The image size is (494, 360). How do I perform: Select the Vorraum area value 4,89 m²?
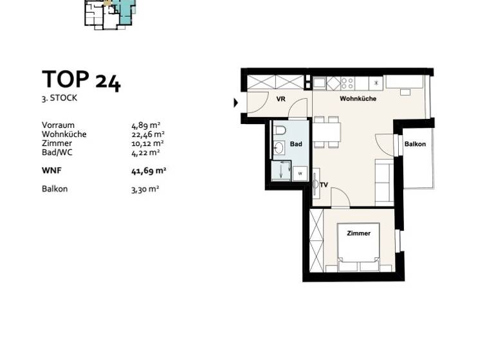coord(145,125)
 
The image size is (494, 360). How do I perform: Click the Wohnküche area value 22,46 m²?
coord(147,134)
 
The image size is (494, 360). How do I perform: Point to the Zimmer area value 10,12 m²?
coord(147,143)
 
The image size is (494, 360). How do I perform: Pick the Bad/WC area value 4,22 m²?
coord(145,152)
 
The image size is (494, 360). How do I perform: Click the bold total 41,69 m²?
coord(149,170)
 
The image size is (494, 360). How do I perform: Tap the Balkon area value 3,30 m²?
coord(145,189)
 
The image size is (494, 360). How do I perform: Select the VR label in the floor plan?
coord(281,99)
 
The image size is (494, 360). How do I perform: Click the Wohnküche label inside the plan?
coord(358,99)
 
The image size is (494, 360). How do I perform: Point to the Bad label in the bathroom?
coord(296,144)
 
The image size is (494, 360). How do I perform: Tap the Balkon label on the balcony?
coord(415,144)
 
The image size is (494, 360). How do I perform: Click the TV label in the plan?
coord(324,185)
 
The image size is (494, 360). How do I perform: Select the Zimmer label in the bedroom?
coord(358,233)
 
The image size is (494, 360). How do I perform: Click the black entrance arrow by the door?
coord(235,102)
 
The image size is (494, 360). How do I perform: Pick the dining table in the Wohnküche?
coord(327,132)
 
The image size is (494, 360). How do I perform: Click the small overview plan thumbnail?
coord(110,14)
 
